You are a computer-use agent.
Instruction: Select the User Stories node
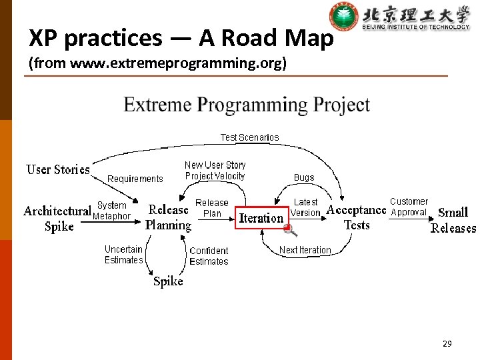pos(58,169)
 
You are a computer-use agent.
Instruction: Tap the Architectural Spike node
pos(58,219)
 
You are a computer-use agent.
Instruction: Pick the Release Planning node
pos(168,217)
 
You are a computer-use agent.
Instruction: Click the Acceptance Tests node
pos(356,217)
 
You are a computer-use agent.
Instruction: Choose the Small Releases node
pos(453,220)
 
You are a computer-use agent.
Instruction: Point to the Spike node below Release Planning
pos(168,281)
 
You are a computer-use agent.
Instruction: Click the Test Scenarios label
pos(249,137)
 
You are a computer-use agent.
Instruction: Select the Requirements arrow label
pos(135,179)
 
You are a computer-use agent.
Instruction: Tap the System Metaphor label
pos(111,211)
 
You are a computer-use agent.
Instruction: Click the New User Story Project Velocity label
pos(215,171)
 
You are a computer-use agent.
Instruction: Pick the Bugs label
pos(304,177)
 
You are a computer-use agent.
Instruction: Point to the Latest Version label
pos(305,207)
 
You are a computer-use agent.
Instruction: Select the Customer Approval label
pos(409,207)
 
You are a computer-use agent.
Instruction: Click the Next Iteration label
pos(305,250)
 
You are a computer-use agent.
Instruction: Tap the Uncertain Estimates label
pos(123,255)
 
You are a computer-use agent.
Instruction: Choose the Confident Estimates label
pos(209,256)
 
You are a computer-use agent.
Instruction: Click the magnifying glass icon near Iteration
pos(290,231)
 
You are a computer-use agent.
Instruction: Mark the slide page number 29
pos(447,344)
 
